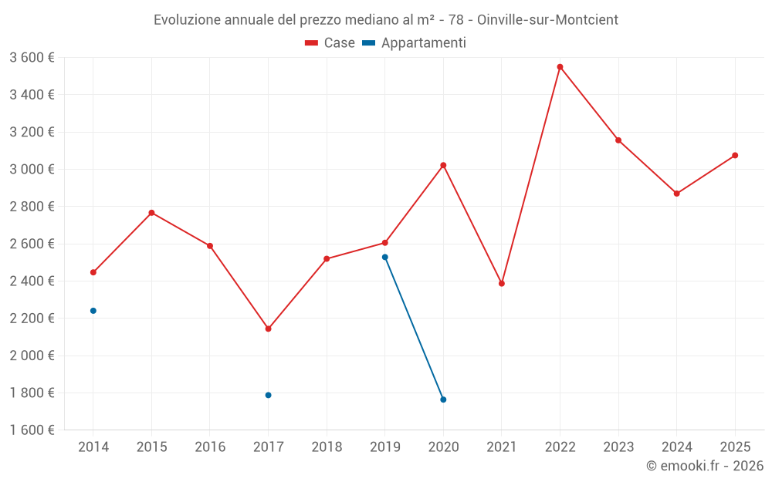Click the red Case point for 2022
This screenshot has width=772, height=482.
560,67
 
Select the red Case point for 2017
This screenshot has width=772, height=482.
268,329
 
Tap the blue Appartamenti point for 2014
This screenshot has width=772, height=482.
93,311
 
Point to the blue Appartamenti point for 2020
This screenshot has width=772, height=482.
443,399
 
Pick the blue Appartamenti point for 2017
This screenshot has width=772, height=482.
268,395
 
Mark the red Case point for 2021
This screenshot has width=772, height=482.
502,284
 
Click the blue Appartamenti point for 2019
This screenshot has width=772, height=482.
384,257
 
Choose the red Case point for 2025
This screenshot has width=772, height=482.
735,156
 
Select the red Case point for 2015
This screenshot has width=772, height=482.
151,213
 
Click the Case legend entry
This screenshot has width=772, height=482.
330,43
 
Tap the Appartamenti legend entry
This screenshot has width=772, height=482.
415,43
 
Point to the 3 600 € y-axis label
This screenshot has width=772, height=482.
32,58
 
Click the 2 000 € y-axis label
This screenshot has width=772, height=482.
32,356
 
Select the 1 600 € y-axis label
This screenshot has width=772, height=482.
32,430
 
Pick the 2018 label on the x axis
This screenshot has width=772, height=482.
327,447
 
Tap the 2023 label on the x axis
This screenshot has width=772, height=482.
618,447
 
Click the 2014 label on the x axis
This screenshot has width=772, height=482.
93,447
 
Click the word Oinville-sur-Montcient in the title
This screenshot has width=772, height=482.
554,20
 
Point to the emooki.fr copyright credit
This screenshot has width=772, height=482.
705,466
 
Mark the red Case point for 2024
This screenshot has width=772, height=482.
676,194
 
